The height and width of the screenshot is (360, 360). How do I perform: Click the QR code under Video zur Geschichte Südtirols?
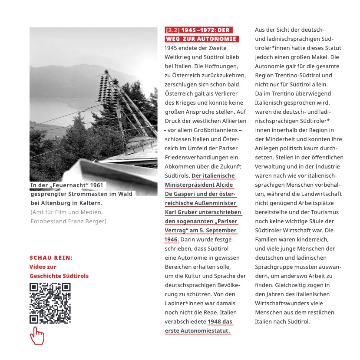50,303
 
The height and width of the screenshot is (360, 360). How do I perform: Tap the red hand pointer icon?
37,336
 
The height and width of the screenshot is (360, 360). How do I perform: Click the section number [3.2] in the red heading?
172,30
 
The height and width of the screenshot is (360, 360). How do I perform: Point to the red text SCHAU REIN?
51,258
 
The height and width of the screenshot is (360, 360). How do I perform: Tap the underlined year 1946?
172,239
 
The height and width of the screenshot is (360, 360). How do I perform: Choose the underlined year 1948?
215,321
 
